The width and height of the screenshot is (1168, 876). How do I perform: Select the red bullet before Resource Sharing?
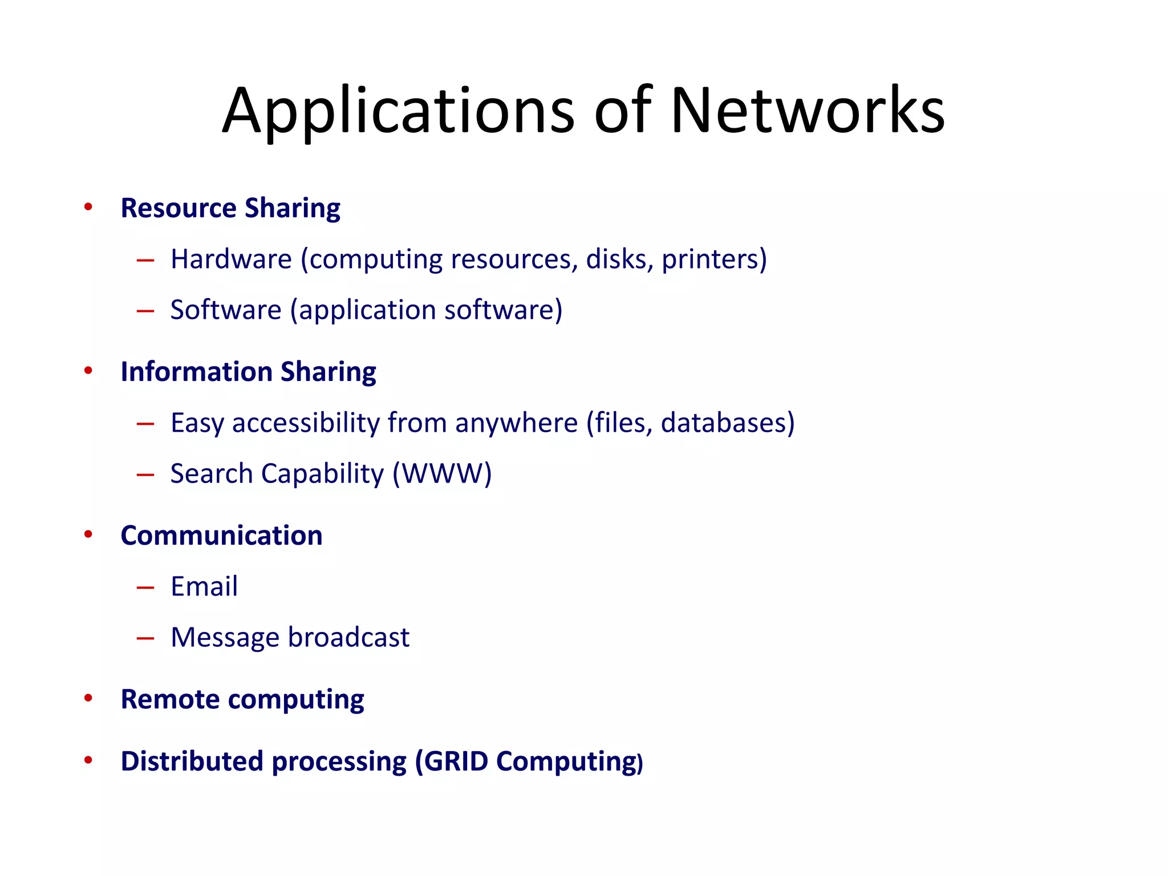point(88,206)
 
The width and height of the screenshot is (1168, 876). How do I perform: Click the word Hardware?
point(231,259)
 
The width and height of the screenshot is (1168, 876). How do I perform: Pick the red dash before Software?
point(145,311)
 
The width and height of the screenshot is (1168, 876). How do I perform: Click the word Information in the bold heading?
point(196,372)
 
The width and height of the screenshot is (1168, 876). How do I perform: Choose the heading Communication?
point(221,536)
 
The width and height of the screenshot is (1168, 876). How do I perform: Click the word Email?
point(204,587)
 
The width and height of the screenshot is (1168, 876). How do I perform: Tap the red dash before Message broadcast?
point(145,638)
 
